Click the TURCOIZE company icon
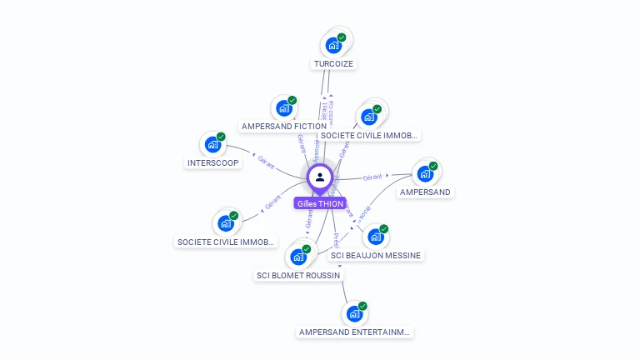(x=334, y=44)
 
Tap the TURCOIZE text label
(x=334, y=63)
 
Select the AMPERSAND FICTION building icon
(x=284, y=107)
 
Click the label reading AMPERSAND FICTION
(x=283, y=127)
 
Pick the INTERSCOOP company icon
(x=213, y=144)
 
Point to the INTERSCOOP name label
(x=213, y=163)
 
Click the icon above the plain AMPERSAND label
(x=425, y=173)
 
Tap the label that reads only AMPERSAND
(x=425, y=192)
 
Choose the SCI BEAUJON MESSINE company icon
(x=376, y=237)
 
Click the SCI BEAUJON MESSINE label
(x=376, y=255)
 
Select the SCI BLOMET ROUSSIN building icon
(x=298, y=257)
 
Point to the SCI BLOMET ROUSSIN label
(x=298, y=275)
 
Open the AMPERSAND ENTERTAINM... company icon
(x=355, y=313)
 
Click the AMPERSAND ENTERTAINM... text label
(x=355, y=332)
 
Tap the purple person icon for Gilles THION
(x=320, y=177)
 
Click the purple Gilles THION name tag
(x=320, y=203)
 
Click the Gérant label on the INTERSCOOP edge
(x=265, y=160)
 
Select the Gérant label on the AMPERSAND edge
(x=372, y=177)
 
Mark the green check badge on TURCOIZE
(x=342, y=37)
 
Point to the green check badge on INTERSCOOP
(x=221, y=137)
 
